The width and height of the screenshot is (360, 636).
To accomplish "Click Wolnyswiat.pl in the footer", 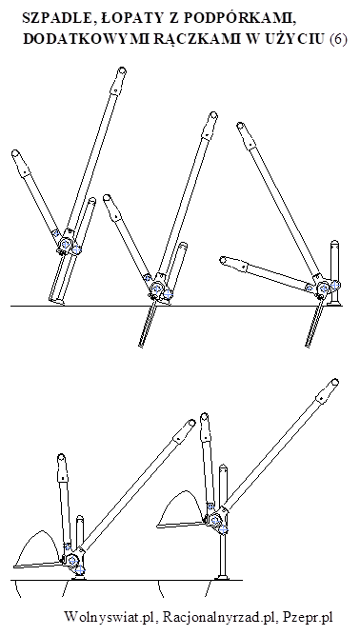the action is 110,617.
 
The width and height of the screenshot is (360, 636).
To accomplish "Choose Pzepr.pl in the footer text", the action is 308,618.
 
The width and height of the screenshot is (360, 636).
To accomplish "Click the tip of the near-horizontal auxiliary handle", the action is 223,260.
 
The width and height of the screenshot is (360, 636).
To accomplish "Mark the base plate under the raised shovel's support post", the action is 222,577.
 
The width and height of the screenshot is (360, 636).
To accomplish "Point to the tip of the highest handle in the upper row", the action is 121,71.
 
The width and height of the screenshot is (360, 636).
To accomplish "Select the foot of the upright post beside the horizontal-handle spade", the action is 335,302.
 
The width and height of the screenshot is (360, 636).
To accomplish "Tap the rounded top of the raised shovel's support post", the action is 222,468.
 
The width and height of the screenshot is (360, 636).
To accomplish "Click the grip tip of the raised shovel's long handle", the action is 334,382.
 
